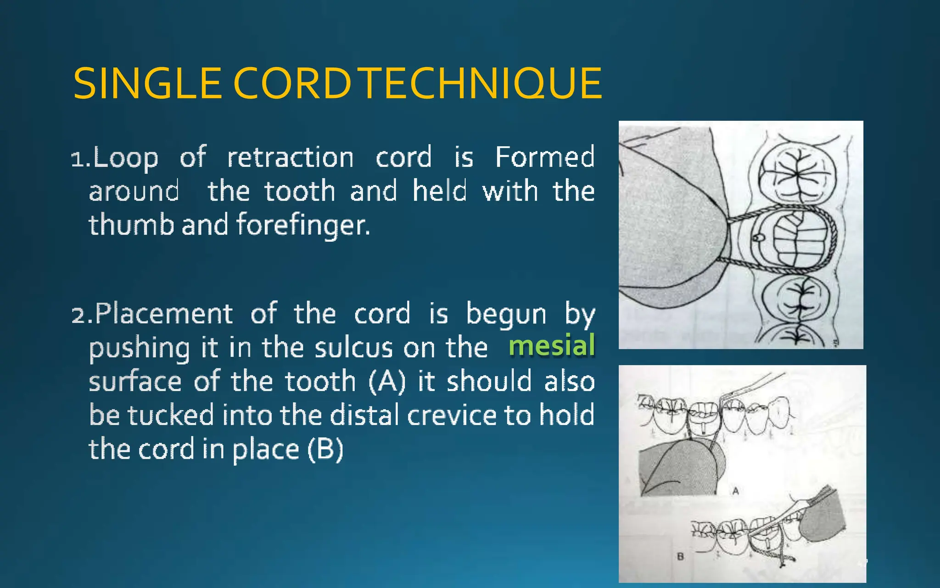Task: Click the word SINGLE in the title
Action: [x=147, y=84]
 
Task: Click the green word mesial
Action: [x=552, y=346]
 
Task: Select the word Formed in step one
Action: [x=545, y=157]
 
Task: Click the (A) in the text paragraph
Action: [x=387, y=381]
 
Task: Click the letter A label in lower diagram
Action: [x=735, y=491]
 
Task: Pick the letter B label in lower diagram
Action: [x=680, y=557]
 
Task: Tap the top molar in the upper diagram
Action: [x=796, y=175]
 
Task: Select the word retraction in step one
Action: [x=291, y=158]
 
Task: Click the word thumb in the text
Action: [x=131, y=225]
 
